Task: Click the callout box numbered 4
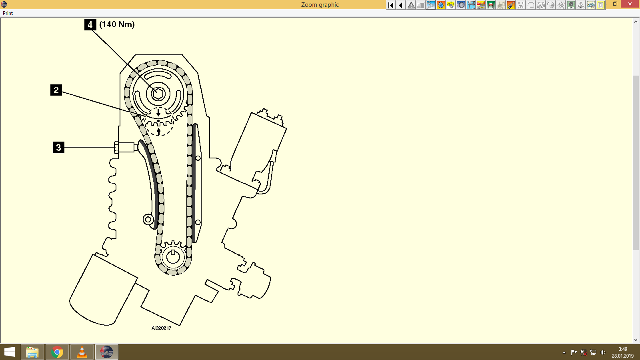click(x=90, y=25)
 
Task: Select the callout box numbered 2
click(x=56, y=90)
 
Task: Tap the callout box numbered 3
click(x=58, y=147)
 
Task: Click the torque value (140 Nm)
click(x=117, y=24)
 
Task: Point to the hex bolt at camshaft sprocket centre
click(x=158, y=94)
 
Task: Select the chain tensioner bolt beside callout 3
click(x=125, y=147)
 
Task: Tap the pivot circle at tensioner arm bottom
click(x=148, y=219)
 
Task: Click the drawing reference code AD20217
click(x=161, y=328)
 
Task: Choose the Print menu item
click(x=8, y=13)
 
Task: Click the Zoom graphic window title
click(x=320, y=5)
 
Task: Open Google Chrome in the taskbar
click(x=57, y=352)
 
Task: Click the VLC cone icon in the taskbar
click(x=82, y=352)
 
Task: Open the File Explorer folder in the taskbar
click(x=32, y=352)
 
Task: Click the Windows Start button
click(x=10, y=352)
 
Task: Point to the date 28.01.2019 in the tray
click(x=622, y=356)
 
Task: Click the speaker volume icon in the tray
click(x=603, y=352)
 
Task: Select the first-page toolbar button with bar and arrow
click(x=391, y=5)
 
